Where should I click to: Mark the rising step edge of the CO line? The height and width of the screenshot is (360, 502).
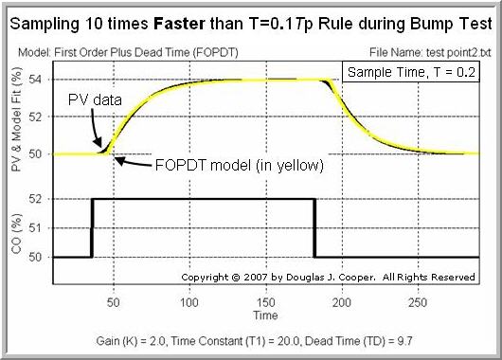tap(92, 227)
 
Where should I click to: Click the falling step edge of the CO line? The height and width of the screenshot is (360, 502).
tap(314, 227)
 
